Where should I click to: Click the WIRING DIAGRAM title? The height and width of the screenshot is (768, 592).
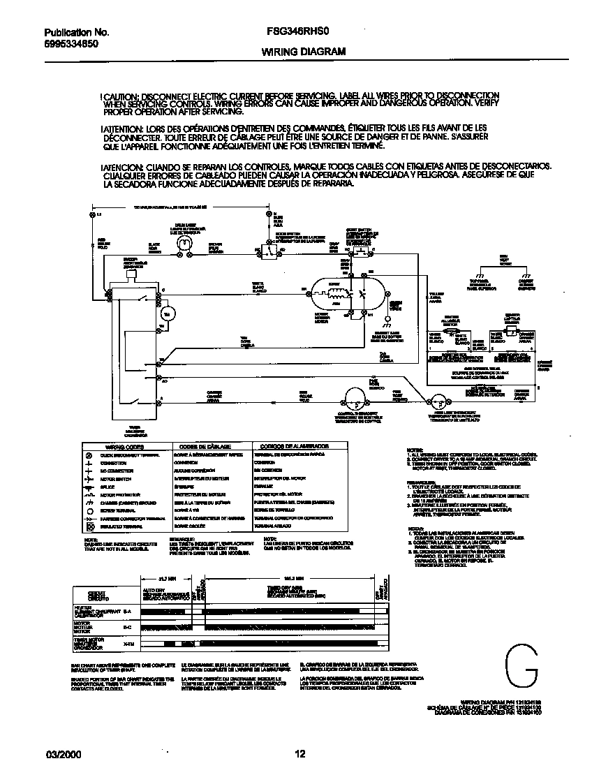[x=304, y=52]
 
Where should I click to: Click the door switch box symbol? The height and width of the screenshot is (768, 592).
[x=266, y=249]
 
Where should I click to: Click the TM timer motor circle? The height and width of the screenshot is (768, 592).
[x=166, y=315]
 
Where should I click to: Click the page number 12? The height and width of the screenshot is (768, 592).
[x=299, y=754]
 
